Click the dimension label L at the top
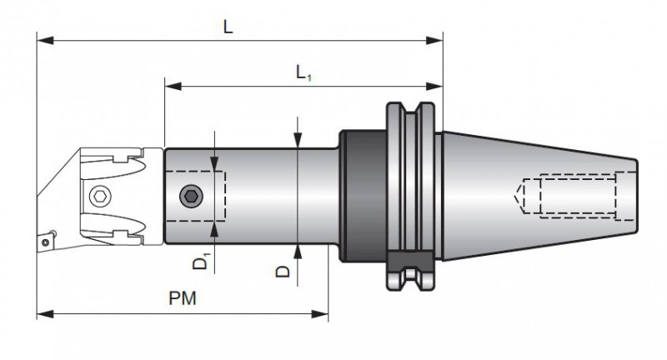tap(228, 26)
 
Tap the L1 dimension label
tap(304, 72)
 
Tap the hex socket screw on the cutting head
tap(99, 196)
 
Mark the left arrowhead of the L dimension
tap(42, 38)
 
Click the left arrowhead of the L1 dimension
tap(169, 84)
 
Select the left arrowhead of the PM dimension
tap(42, 313)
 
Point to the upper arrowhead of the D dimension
tap(298, 142)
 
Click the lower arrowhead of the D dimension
tap(298, 249)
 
